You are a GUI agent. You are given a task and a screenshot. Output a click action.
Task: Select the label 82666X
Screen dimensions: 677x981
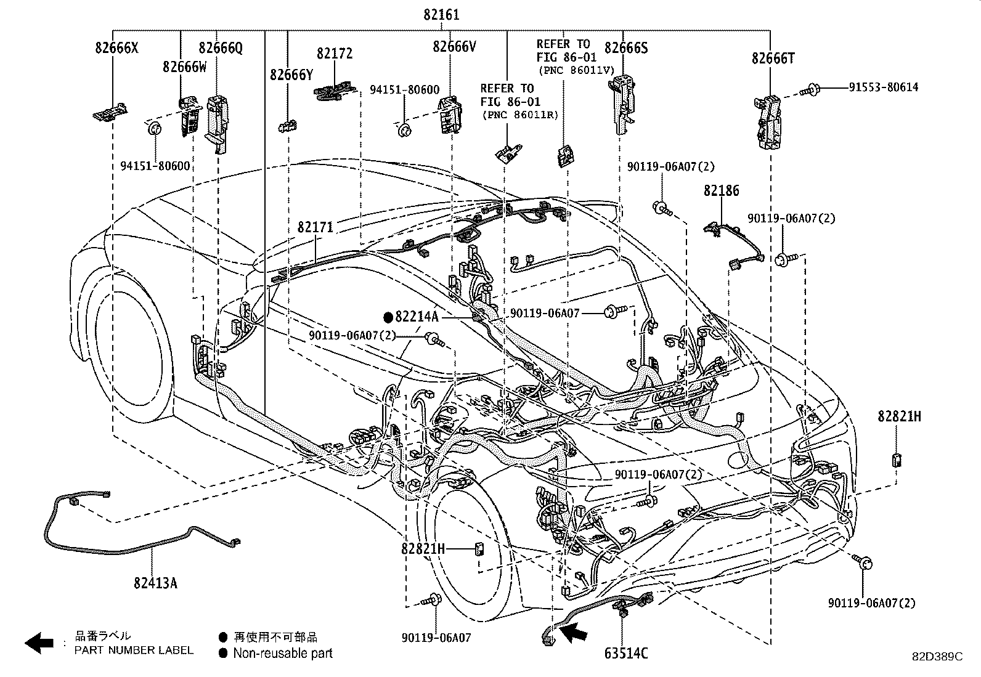click(116, 47)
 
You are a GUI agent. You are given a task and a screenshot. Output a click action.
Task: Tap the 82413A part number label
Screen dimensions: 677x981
click(155, 582)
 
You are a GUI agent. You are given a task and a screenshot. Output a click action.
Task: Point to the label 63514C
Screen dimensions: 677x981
click(627, 653)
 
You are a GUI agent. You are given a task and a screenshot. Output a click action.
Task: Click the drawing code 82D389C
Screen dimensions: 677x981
click(937, 657)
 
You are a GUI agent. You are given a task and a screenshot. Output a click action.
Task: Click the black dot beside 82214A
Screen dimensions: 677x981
click(388, 317)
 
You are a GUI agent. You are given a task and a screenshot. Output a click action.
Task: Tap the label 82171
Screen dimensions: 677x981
click(315, 227)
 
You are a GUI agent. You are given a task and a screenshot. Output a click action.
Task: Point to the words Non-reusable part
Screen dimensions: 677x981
click(282, 654)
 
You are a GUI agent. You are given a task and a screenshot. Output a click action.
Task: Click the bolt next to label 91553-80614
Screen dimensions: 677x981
click(810, 91)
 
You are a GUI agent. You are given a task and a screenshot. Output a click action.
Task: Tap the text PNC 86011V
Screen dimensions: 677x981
click(576, 70)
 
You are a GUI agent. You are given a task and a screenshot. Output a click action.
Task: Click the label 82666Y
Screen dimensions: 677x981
click(291, 75)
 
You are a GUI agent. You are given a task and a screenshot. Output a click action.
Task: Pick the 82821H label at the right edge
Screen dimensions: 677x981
click(899, 416)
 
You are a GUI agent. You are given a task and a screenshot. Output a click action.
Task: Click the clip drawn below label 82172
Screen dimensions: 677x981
click(336, 92)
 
